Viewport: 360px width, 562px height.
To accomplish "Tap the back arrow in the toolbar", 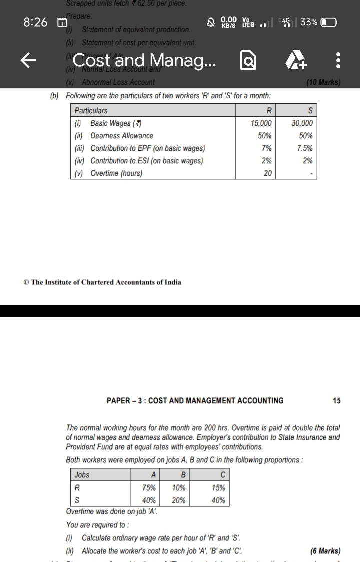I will [29, 61].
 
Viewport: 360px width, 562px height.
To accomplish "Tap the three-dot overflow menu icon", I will [338, 61].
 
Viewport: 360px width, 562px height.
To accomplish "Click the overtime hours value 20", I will [268, 173].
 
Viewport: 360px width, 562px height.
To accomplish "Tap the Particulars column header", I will [91, 110].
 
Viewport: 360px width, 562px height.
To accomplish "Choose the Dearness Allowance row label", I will [122, 136].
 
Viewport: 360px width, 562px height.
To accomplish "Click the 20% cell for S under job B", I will [178, 500].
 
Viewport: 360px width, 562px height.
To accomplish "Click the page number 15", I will [336, 400].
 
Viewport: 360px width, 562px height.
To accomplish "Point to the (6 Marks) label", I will [325, 551].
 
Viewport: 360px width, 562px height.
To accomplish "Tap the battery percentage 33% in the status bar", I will [309, 22].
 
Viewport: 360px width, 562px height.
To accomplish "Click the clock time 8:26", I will [35, 22].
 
